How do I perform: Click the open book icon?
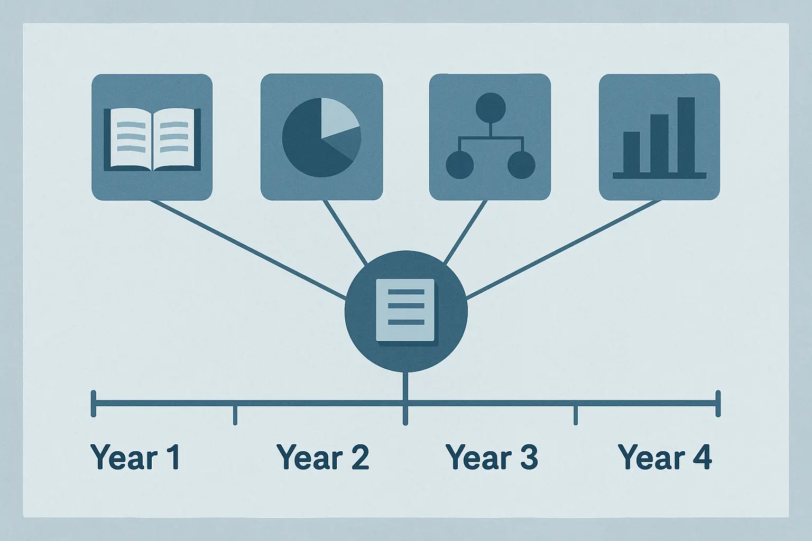pos(152,139)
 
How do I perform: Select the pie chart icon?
pos(321,137)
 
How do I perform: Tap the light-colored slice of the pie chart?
pos(338,117)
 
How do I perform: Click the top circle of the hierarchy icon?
pos(491,108)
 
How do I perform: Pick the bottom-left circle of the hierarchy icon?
pos(459,165)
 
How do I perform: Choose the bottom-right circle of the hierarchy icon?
pos(521,165)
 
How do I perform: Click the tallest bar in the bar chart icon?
pos(686,135)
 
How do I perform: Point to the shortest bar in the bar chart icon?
pos(632,152)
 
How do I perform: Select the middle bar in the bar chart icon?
pos(659,144)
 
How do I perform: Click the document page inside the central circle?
pos(405,311)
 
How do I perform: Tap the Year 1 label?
pos(135,457)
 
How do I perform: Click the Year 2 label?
pos(322,457)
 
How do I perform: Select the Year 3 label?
pos(492,457)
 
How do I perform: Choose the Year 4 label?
pos(665,457)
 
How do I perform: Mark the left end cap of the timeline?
pos(94,404)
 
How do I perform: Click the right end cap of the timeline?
pos(718,404)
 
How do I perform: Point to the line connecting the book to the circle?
pos(248,250)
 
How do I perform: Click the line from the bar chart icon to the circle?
pos(564,250)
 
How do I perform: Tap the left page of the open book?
pos(130,139)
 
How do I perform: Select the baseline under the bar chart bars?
pos(659,176)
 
